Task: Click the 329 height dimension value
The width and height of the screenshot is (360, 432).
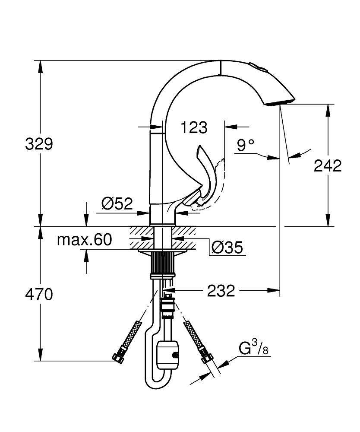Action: coord(39,144)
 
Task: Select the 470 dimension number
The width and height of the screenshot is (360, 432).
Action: coord(39,295)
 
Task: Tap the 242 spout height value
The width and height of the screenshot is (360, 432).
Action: coord(328,165)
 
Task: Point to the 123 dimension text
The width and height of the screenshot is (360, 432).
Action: coord(194,127)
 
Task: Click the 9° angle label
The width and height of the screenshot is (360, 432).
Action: coord(246,145)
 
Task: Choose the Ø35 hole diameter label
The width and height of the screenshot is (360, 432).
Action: coord(227,248)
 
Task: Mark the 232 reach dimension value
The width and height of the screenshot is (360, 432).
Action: coord(221,291)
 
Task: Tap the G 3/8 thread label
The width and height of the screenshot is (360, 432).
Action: coord(254,348)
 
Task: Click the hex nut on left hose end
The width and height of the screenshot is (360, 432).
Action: coord(117,358)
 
